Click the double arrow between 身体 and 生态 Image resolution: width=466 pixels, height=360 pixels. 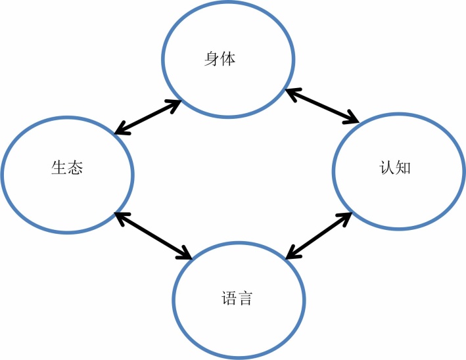pyautogui.click(x=147, y=117)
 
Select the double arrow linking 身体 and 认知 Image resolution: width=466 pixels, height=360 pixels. pyautogui.click(x=322, y=106)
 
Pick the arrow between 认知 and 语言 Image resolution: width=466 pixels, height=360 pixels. pyautogui.click(x=319, y=235)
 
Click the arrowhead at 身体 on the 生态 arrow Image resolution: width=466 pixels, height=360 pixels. pyautogui.click(x=176, y=102)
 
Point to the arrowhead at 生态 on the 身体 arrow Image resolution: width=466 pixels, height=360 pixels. pyautogui.click(x=119, y=131)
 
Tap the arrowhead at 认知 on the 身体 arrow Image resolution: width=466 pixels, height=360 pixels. pyautogui.click(x=354, y=120)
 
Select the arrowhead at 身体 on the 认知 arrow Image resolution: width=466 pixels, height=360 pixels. pyautogui.click(x=290, y=93)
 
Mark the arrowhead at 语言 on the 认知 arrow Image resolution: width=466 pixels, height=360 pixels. pyautogui.click(x=291, y=254)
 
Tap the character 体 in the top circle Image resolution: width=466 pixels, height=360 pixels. pyautogui.click(x=227, y=59)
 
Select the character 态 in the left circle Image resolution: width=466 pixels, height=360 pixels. pyautogui.click(x=75, y=168)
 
